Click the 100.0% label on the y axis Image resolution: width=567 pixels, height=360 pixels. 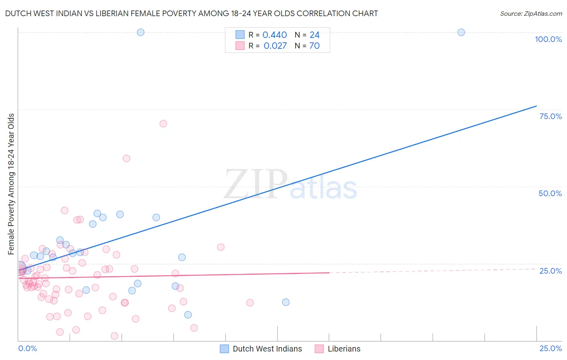548,39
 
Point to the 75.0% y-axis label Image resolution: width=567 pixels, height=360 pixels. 550,116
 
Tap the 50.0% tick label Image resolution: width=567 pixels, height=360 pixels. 550,193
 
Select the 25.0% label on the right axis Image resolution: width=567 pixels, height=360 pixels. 550,271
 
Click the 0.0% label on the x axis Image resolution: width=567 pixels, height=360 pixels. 27,348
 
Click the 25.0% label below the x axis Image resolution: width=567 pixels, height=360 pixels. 550,348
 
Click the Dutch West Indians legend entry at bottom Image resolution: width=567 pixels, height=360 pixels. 267,349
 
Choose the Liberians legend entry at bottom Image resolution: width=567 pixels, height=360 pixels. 344,349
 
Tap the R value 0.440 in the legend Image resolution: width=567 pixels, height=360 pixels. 275,35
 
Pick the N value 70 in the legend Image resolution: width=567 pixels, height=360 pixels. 315,46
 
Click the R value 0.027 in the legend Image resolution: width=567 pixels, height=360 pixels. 275,46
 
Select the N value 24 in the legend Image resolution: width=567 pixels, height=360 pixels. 315,35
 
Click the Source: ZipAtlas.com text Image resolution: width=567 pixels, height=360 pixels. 531,14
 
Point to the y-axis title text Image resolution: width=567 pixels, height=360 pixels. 11,184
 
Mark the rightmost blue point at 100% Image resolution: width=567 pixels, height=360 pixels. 461,32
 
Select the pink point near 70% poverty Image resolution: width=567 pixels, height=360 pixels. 163,123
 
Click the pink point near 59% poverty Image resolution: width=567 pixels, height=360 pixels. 126,159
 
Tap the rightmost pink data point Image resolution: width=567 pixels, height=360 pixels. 250,303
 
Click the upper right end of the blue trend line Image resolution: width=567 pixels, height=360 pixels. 536,106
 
